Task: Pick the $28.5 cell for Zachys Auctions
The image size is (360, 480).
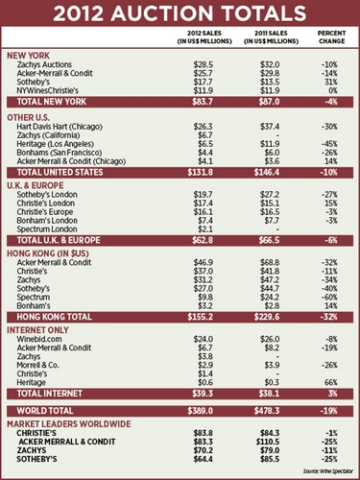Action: click(202, 63)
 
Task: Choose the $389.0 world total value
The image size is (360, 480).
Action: click(200, 410)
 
